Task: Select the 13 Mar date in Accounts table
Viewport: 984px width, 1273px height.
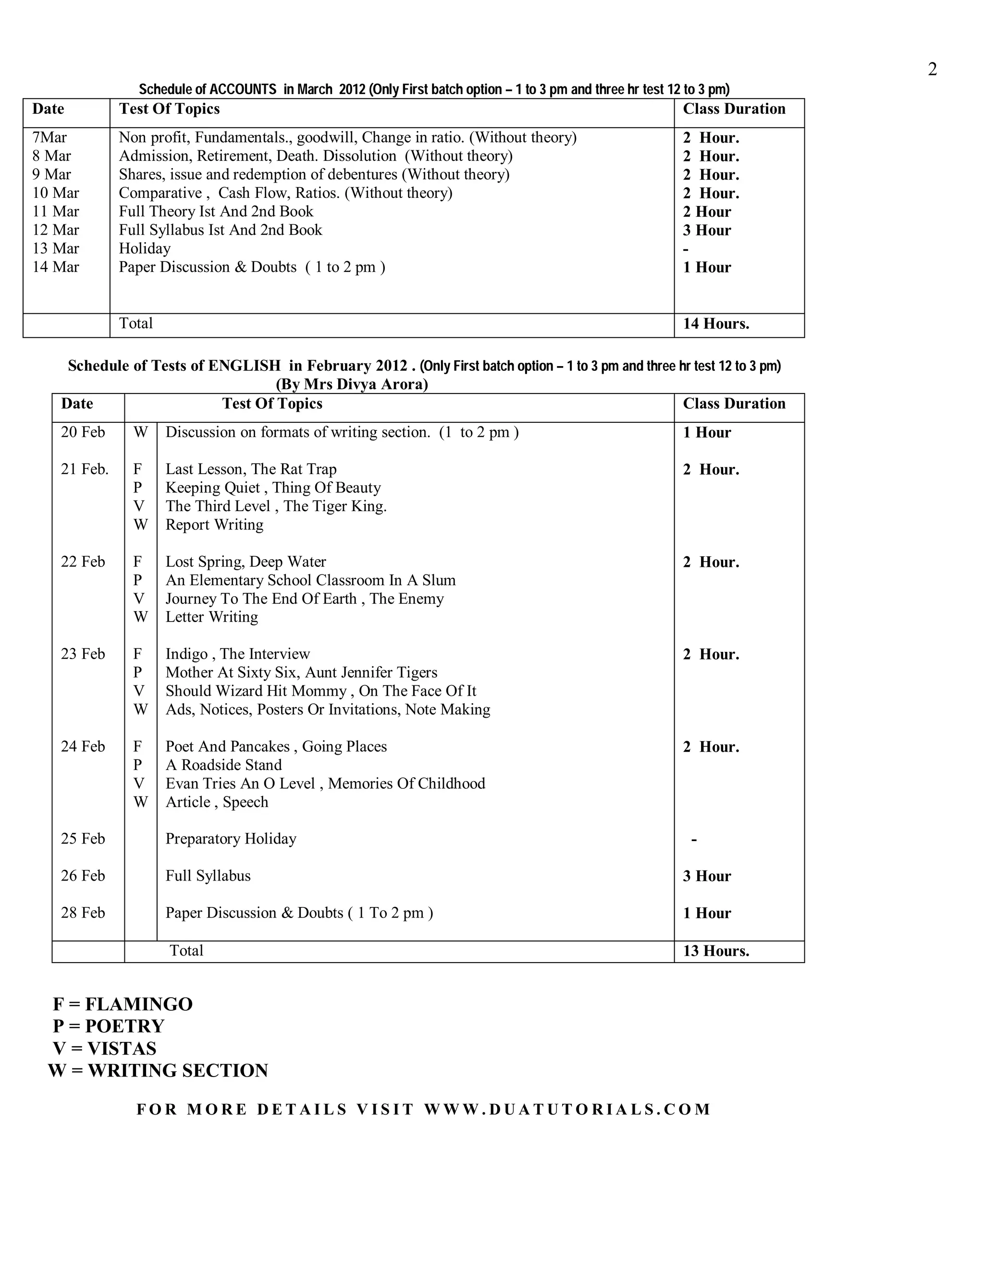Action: pyautogui.click(x=55, y=248)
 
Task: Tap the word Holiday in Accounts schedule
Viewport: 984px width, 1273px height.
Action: pyautogui.click(x=145, y=248)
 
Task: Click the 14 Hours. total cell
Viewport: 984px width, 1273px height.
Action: pyautogui.click(x=716, y=324)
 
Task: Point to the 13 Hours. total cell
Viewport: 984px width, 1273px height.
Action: pyautogui.click(x=716, y=951)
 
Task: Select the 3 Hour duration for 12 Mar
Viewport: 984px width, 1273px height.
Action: pyautogui.click(x=706, y=230)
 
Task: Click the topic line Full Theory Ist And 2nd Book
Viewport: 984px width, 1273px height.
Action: pyautogui.click(x=216, y=211)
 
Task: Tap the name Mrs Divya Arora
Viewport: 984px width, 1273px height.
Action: pyautogui.click(x=366, y=384)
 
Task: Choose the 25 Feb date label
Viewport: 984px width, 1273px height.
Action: pyautogui.click(x=83, y=839)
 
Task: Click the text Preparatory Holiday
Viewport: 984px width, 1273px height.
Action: pyautogui.click(x=231, y=839)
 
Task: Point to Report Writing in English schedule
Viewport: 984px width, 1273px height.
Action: pyautogui.click(x=214, y=525)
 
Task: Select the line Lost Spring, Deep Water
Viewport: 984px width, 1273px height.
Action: pyautogui.click(x=246, y=562)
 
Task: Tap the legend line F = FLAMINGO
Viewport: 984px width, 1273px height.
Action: pyautogui.click(x=123, y=1004)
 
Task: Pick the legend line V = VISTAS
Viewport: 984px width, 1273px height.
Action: pyautogui.click(x=104, y=1049)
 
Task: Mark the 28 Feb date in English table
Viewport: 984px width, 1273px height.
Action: pyautogui.click(x=83, y=913)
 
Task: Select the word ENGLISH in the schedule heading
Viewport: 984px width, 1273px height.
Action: pyautogui.click(x=244, y=366)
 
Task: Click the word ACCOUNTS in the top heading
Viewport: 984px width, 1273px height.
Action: pyautogui.click(x=243, y=89)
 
